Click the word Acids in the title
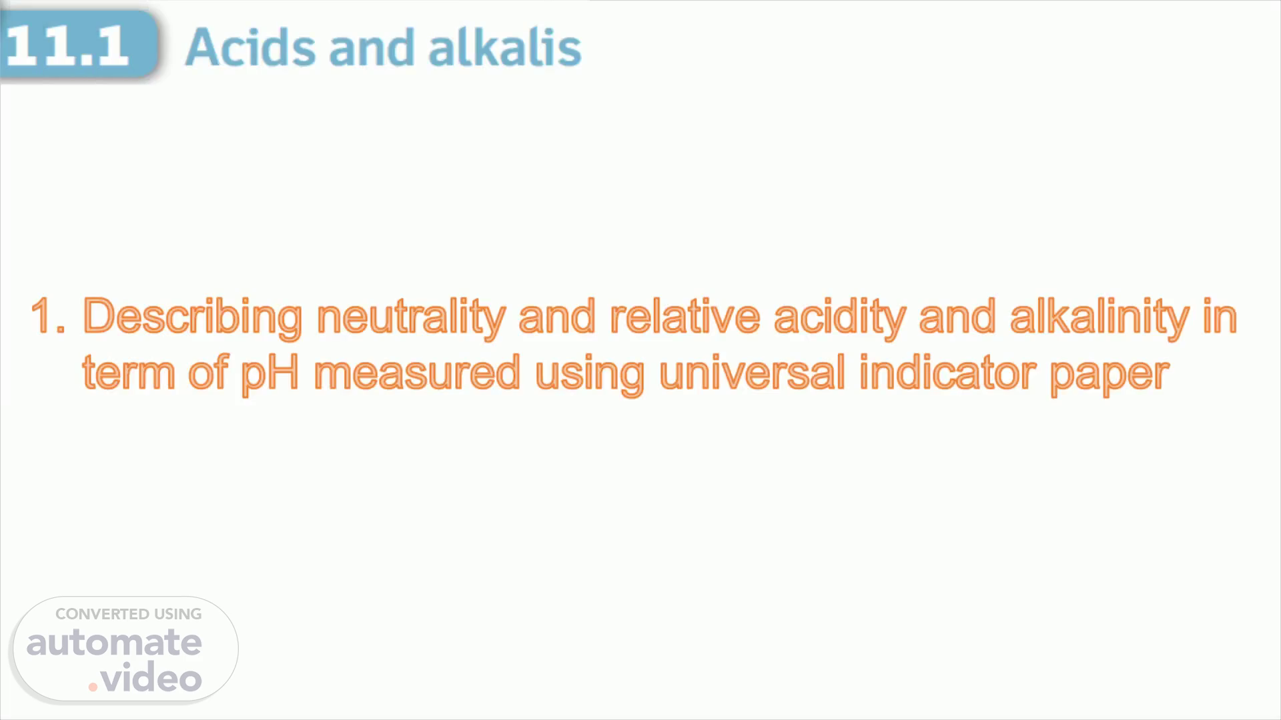tap(250, 47)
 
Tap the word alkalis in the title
tap(504, 47)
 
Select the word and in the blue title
tap(372, 47)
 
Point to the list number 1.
tap(48, 316)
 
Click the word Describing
tap(192, 318)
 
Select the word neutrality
tap(411, 318)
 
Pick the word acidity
tap(839, 318)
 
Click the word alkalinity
tap(1100, 318)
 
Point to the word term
tap(129, 373)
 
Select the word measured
tap(417, 373)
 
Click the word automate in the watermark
tap(114, 643)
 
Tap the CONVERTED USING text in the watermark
tap(129, 614)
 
